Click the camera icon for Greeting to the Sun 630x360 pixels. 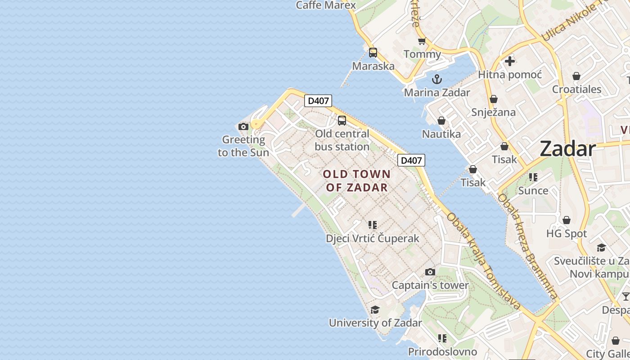243,127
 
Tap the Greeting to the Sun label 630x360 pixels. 243,146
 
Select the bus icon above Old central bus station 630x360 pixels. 342,121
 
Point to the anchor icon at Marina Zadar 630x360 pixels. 436,80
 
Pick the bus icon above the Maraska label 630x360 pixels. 373,53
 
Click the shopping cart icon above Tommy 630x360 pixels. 422,42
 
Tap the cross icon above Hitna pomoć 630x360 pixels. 510,61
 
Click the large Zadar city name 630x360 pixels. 567,148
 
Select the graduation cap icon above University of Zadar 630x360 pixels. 375,310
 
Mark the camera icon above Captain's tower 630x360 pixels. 430,272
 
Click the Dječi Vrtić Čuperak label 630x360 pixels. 373,238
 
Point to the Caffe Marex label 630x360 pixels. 326,5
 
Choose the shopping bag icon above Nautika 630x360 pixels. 441,121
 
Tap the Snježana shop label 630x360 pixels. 493,112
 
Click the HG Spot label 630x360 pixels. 567,234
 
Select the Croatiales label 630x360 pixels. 576,89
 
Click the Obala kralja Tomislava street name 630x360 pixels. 484,261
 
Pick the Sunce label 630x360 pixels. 533,190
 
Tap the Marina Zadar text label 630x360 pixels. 436,93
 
